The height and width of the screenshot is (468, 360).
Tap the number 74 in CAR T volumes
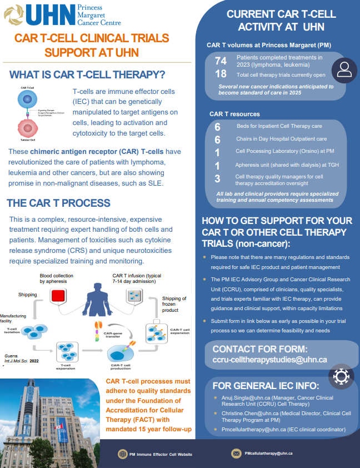point(221,61)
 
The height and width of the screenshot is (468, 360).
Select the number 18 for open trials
point(221,74)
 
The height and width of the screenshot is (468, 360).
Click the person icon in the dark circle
point(344,70)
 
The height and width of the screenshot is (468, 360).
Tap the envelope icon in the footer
point(236,454)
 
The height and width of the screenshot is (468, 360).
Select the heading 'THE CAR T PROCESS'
point(58,203)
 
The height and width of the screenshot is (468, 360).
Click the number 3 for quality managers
point(217,178)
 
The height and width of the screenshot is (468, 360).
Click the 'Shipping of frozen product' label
point(173,306)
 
